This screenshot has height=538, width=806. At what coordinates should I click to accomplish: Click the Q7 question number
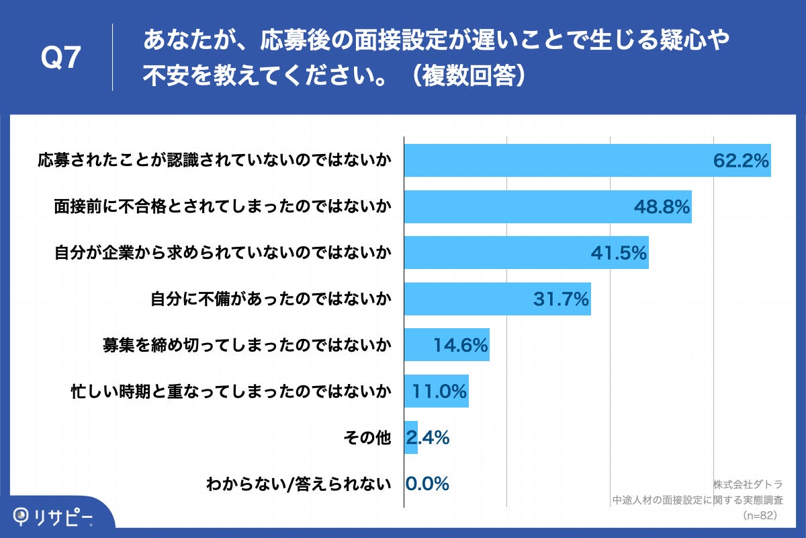(61, 59)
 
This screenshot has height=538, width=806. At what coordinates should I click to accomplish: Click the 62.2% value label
(741, 161)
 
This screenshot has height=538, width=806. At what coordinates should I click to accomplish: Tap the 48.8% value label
(662, 207)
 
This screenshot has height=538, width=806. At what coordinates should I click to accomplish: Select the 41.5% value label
(619, 253)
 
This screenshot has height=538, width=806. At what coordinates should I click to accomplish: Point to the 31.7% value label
(561, 299)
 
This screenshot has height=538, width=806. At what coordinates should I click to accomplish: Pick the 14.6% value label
(460, 346)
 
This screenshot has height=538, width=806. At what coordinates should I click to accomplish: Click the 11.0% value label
(439, 391)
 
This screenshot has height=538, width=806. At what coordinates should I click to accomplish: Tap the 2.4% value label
(427, 438)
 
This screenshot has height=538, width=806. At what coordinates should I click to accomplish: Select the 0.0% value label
(427, 484)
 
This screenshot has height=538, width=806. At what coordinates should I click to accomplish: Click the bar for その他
(411, 438)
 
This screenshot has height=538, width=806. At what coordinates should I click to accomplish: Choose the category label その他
(367, 438)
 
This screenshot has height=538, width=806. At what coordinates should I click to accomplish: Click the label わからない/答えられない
(299, 484)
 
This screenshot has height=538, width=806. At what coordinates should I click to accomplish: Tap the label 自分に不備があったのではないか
(271, 299)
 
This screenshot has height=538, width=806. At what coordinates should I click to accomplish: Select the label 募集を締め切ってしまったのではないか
(247, 346)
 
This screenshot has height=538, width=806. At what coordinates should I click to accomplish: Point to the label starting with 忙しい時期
(231, 391)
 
